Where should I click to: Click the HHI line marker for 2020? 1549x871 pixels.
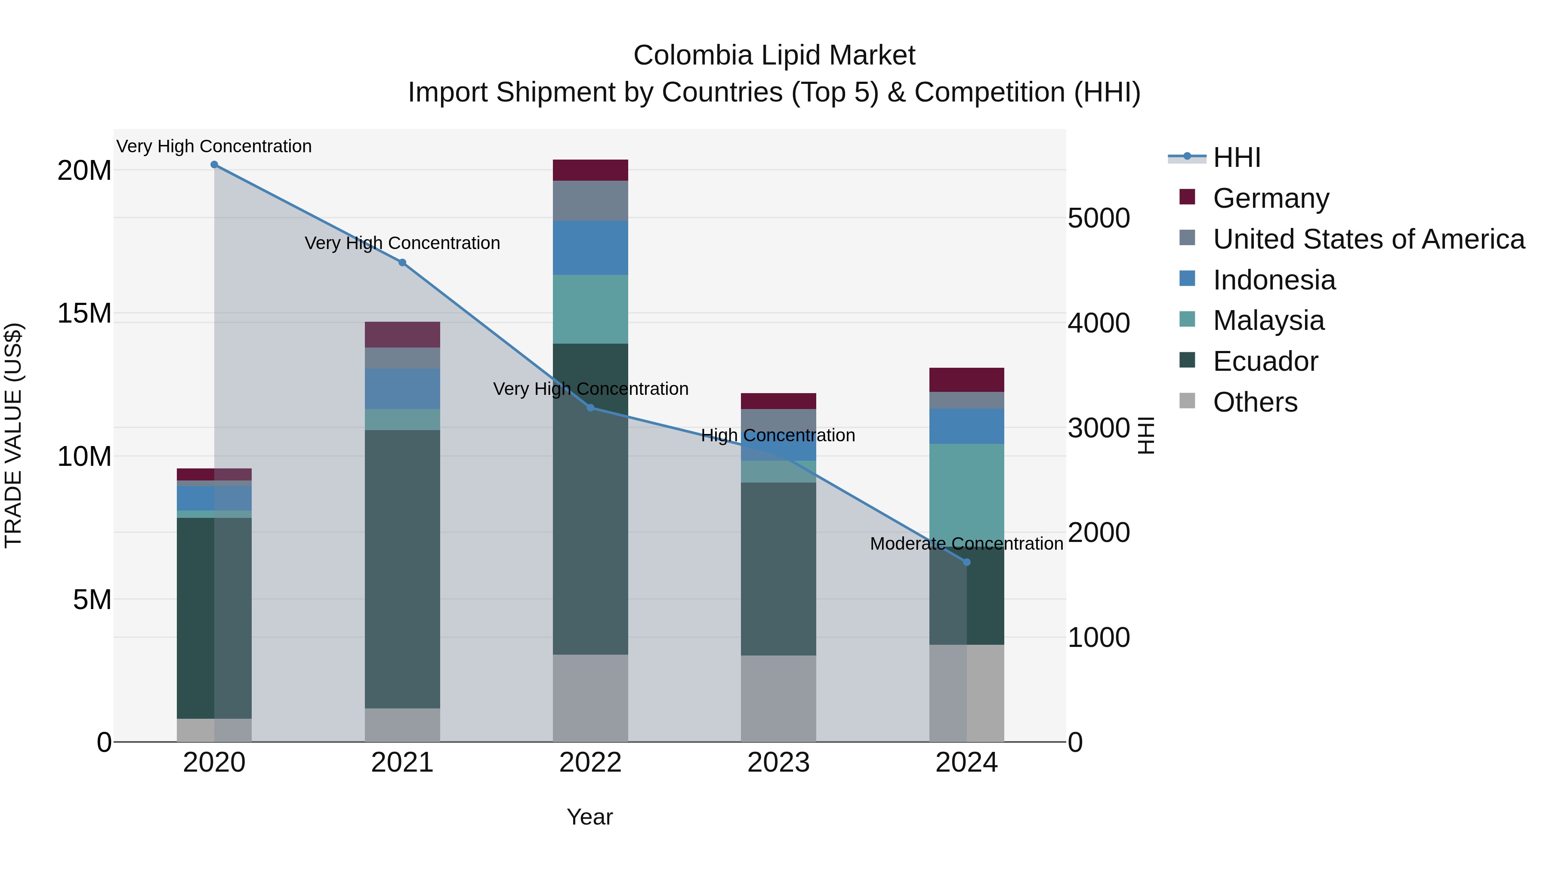coord(214,165)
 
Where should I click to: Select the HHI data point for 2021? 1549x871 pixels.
coord(402,263)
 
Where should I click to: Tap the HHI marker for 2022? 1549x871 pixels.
coord(590,408)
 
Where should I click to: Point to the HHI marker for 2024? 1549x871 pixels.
coord(967,563)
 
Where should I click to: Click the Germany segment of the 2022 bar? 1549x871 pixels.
coord(590,170)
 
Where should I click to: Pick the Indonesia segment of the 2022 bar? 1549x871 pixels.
coord(590,248)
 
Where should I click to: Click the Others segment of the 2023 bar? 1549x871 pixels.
coord(778,699)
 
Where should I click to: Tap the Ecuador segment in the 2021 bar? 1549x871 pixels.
coord(402,569)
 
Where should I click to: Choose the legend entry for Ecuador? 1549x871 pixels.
coord(1265,361)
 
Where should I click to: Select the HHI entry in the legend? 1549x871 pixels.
coord(1236,157)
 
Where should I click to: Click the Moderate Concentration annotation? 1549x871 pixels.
coord(966,543)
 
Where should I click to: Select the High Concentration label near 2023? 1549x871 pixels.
coord(778,435)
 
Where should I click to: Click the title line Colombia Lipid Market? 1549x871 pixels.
coord(774,55)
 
